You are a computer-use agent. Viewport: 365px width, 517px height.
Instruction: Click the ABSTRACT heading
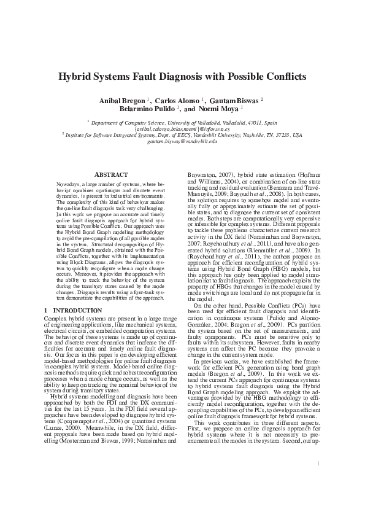(x=111, y=175)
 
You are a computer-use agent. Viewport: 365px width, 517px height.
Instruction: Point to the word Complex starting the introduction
(x=54, y=319)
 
